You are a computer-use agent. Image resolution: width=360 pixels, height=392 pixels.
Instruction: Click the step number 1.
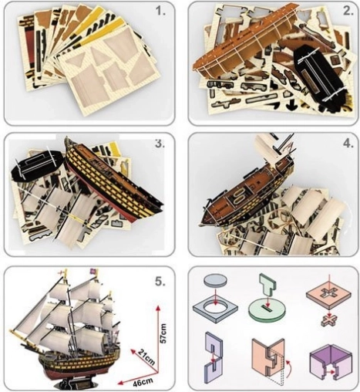(x=161, y=12)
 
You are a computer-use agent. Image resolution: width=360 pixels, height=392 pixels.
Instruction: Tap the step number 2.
(x=348, y=11)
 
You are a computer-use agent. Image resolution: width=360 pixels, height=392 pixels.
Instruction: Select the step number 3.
(x=160, y=144)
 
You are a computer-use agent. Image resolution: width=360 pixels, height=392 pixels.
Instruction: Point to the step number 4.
(x=348, y=144)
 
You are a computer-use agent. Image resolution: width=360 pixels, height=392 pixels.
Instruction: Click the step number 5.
(x=160, y=282)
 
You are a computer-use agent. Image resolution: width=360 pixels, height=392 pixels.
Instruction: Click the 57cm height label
(x=163, y=333)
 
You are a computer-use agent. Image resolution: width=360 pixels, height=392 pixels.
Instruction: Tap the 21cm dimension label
(x=145, y=357)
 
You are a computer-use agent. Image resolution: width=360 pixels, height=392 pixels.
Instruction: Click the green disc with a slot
(x=267, y=312)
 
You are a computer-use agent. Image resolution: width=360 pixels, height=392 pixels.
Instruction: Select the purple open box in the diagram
(x=331, y=362)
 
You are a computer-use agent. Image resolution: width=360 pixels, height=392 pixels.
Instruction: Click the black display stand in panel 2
(x=318, y=79)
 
